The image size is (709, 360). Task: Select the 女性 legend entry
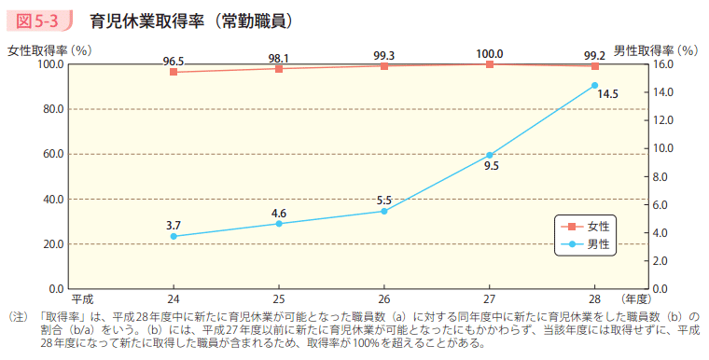point(587,227)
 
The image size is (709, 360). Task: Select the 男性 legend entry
point(587,244)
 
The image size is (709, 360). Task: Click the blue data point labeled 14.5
point(594,85)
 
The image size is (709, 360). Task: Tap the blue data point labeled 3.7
point(174,237)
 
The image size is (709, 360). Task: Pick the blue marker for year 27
point(490,155)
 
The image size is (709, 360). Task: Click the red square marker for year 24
point(174,72)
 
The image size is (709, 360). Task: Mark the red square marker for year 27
point(490,64)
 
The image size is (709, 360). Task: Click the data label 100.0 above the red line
point(489,54)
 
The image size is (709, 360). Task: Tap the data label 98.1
point(278,58)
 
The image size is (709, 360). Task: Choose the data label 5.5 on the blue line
point(383,201)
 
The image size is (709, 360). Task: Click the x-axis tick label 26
point(383,299)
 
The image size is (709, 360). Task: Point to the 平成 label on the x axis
point(82,299)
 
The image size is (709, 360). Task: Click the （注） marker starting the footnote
point(18,318)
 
